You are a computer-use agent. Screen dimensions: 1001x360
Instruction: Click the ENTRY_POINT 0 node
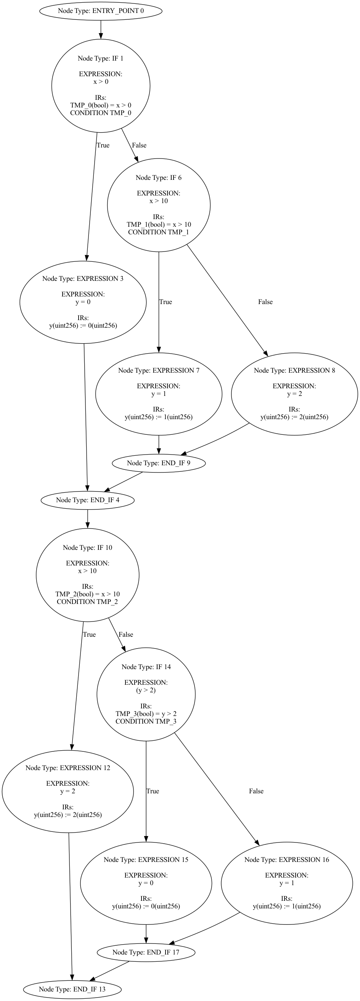click(x=101, y=11)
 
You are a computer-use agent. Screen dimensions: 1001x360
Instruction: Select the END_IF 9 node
click(x=158, y=463)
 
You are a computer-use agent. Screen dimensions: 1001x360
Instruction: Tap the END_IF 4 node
click(x=87, y=500)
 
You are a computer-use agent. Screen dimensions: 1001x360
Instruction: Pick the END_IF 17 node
click(x=146, y=952)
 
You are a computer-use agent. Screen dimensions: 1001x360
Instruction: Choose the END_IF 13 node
click(x=72, y=989)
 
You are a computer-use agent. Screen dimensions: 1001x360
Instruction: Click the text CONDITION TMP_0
click(x=101, y=113)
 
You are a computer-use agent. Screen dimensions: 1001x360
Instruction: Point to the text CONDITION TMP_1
click(x=158, y=232)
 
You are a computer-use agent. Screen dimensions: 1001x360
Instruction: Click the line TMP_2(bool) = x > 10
click(x=87, y=594)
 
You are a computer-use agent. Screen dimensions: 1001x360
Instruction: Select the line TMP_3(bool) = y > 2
click(x=146, y=713)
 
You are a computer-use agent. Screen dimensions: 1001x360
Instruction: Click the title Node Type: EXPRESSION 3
click(x=83, y=279)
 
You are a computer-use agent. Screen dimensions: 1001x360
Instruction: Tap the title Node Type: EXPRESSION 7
click(x=159, y=370)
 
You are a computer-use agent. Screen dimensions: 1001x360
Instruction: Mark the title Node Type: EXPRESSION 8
click(x=294, y=370)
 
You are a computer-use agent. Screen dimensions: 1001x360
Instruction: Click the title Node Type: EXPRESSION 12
click(x=67, y=768)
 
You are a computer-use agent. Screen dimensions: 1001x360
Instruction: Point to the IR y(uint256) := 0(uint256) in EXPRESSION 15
click(x=146, y=906)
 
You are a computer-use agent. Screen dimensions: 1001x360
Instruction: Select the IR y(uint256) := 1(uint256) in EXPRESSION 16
click(x=286, y=906)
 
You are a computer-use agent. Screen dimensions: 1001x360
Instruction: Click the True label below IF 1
click(x=103, y=145)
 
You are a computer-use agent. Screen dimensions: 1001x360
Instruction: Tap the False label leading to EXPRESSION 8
click(x=265, y=302)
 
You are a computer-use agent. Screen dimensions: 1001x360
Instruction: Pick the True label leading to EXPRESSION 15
click(x=153, y=791)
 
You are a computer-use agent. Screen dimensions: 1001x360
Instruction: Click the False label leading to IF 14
click(x=125, y=634)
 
